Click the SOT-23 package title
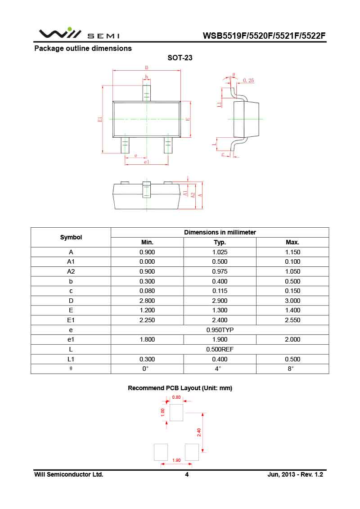click(180, 58)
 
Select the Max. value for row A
click(292, 252)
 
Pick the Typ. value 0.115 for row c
click(220, 291)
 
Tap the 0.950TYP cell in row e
click(220, 330)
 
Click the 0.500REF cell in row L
click(220, 349)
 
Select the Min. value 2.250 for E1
click(147, 320)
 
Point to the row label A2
click(71, 271)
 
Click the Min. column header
click(147, 242)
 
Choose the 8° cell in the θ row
click(292, 369)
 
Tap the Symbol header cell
click(71, 237)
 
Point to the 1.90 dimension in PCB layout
click(176, 460)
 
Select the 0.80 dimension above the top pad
click(176, 397)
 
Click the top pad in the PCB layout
click(176, 412)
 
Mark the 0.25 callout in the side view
click(248, 80)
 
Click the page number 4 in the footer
click(187, 475)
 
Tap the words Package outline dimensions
click(83, 48)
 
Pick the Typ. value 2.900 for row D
click(220, 301)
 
